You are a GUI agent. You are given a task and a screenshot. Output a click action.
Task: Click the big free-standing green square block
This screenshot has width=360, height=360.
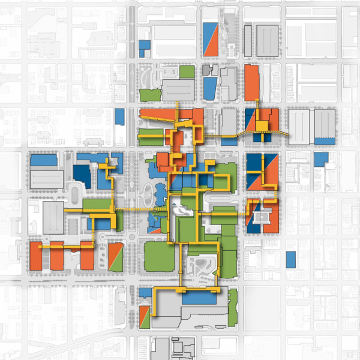click(160, 256)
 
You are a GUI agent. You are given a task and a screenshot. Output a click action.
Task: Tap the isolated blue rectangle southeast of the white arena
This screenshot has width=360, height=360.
click(291, 259)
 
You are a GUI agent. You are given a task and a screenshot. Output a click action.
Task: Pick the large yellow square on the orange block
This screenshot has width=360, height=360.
click(262, 125)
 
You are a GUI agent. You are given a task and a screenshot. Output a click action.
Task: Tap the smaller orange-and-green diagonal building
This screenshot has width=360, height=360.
click(144, 316)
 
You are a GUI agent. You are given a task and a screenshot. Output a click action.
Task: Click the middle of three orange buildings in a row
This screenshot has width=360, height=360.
click(57, 256)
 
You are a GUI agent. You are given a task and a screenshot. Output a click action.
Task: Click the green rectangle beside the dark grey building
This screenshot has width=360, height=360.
click(187, 72)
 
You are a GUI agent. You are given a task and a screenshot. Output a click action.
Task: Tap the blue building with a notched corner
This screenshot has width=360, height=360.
click(320, 159)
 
